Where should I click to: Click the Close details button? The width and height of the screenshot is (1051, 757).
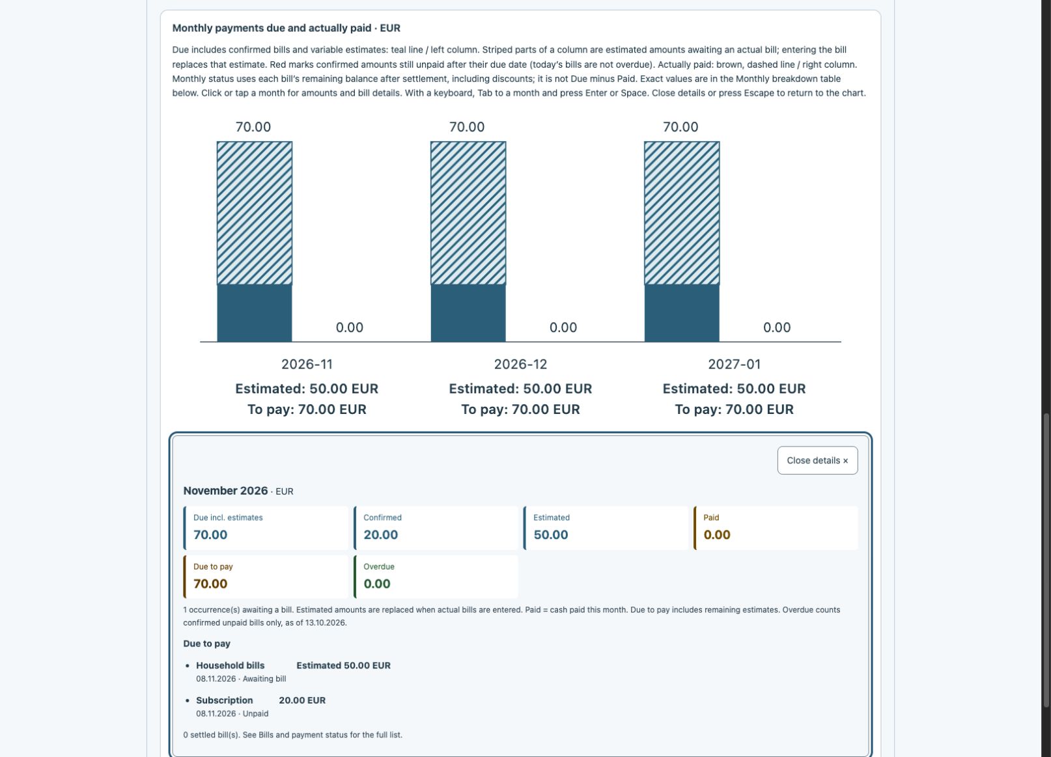[x=817, y=460]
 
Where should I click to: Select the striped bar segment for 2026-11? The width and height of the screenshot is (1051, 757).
[x=255, y=213]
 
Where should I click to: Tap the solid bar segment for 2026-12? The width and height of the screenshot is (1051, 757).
[x=468, y=313]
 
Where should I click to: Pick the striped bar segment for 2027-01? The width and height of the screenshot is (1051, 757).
[x=682, y=213]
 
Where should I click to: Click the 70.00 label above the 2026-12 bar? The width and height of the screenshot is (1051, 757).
[x=467, y=127]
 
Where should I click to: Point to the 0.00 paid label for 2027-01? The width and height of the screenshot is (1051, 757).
[x=777, y=327]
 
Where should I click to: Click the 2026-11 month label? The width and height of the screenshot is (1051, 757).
[x=307, y=364]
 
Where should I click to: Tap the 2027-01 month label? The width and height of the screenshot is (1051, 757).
[x=735, y=364]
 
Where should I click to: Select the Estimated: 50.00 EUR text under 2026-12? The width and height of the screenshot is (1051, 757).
[x=520, y=389]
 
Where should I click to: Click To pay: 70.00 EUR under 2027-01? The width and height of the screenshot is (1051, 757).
[x=735, y=409]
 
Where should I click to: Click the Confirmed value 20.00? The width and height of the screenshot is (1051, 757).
[x=380, y=534]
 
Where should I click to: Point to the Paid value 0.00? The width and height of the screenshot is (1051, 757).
[x=717, y=534]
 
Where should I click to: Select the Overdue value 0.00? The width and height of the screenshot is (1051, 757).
[x=377, y=583]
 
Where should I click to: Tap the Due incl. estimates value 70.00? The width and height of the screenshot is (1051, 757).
[x=210, y=534]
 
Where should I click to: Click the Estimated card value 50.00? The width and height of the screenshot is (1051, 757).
[x=551, y=534]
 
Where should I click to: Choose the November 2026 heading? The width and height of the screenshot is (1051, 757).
[x=225, y=491]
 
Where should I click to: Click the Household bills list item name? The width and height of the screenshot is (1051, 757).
[x=231, y=665]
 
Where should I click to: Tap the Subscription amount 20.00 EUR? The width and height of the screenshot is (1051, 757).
[x=302, y=700]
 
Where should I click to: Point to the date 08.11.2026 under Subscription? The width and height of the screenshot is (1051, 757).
[x=216, y=713]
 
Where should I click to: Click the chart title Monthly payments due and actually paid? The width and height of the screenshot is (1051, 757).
[x=272, y=28]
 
